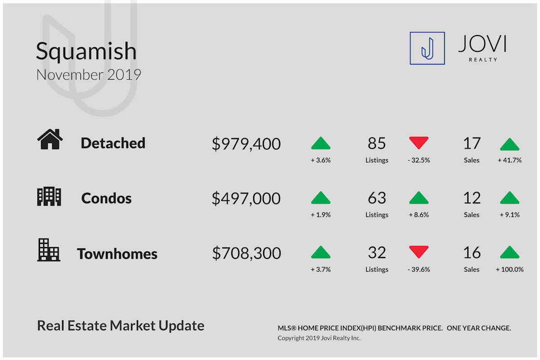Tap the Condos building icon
click(49, 196)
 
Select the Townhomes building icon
click(49, 250)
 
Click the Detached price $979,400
click(246, 144)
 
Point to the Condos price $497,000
click(246, 198)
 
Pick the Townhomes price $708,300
click(247, 253)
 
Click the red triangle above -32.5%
click(419, 143)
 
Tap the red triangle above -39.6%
click(419, 252)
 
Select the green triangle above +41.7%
click(509, 145)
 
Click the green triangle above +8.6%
click(419, 198)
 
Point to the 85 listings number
click(377, 143)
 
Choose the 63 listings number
click(377, 198)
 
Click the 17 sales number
click(472, 143)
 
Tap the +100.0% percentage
click(509, 270)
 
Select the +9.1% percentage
click(509, 215)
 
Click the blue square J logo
click(427, 48)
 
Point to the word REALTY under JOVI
click(483, 59)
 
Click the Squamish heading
click(86, 51)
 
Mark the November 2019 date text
click(89, 75)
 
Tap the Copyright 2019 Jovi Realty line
click(319, 338)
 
